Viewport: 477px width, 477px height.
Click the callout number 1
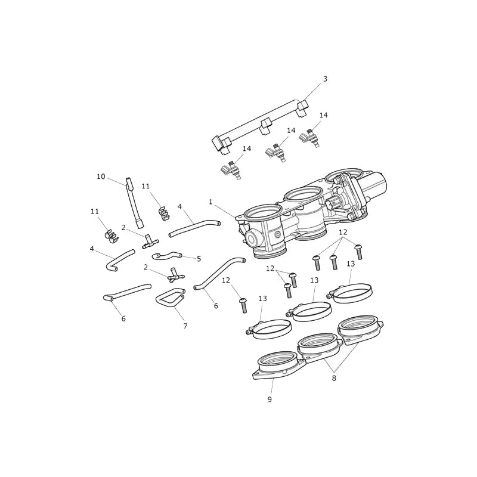point(210,202)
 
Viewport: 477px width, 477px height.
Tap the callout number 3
point(325,79)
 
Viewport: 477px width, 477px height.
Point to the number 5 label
point(199,259)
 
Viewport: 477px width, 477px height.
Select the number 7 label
point(185,326)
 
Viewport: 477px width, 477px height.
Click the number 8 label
point(334,379)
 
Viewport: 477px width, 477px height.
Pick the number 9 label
point(270,399)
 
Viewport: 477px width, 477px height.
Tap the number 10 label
point(101,176)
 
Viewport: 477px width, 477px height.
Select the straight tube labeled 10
point(134,203)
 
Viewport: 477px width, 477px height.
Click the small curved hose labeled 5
point(168,256)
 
